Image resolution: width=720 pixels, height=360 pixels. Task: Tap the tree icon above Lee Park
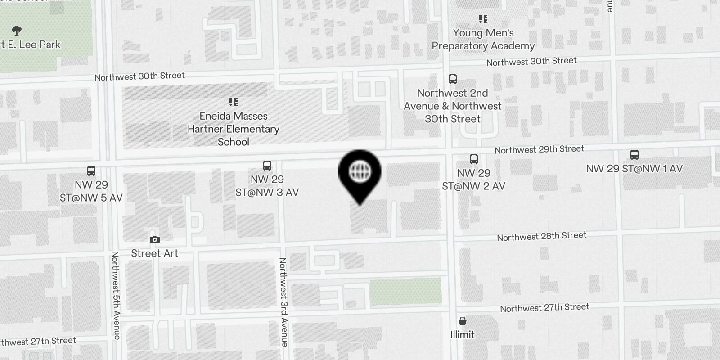click(x=17, y=31)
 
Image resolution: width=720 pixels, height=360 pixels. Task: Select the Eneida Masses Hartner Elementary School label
click(x=234, y=129)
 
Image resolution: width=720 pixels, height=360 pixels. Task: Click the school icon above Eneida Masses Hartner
click(x=233, y=102)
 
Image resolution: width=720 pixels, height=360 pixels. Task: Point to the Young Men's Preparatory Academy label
click(x=483, y=40)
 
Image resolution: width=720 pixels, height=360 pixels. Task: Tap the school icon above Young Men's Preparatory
click(x=483, y=19)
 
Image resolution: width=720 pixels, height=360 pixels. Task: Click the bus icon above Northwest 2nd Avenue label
click(x=453, y=79)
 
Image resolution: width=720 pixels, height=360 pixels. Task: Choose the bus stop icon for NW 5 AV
click(x=91, y=171)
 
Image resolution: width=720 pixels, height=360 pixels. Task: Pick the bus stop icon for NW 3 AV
click(x=267, y=166)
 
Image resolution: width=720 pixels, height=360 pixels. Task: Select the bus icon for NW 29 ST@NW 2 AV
click(x=473, y=159)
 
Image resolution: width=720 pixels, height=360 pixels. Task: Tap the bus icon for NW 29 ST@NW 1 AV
click(x=634, y=155)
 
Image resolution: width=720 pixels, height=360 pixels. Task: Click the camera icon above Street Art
click(x=155, y=240)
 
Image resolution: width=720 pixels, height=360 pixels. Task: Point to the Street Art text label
click(x=155, y=253)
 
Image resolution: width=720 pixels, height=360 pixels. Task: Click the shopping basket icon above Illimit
click(x=462, y=321)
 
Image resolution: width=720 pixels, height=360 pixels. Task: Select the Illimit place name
click(x=462, y=334)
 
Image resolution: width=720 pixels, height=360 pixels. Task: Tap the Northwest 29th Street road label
click(x=540, y=149)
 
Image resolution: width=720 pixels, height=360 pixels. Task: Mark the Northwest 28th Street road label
click(x=542, y=236)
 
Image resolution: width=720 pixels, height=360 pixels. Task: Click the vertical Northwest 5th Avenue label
click(x=116, y=295)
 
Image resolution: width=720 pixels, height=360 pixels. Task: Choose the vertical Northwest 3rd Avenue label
click(x=283, y=301)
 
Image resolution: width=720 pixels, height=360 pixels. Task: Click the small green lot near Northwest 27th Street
click(x=405, y=291)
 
